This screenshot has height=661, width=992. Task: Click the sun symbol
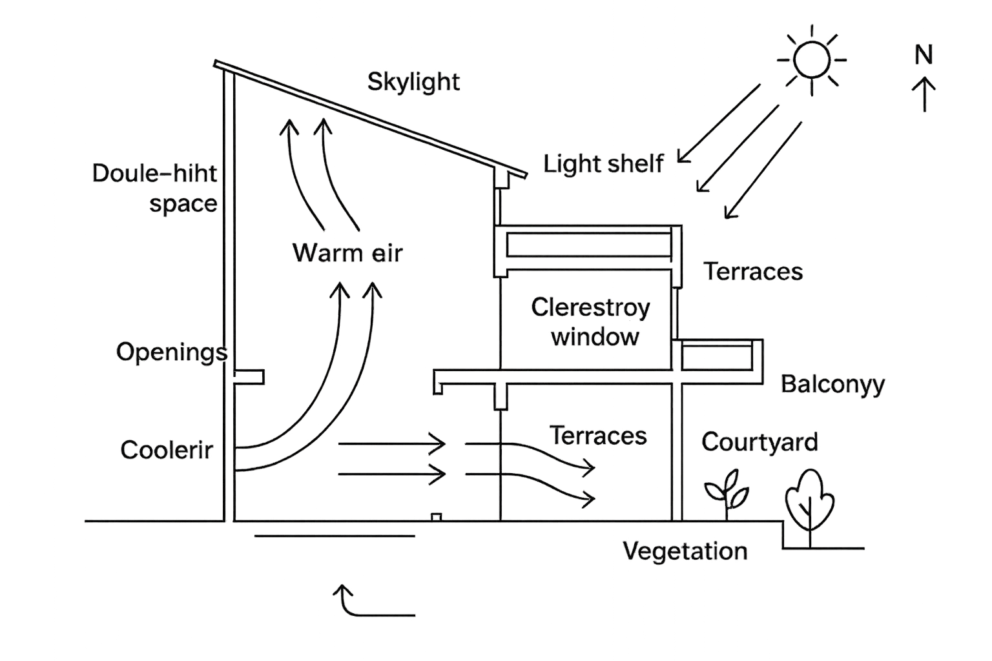tap(811, 59)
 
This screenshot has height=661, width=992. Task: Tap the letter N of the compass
tap(924, 55)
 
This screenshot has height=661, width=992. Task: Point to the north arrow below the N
tap(924, 94)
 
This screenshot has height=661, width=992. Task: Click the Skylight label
tap(413, 82)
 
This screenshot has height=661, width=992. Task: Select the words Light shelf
tap(603, 164)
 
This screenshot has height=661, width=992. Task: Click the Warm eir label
tap(347, 252)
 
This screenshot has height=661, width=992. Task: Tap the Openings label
tap(172, 352)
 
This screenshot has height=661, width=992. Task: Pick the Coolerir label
tap(167, 450)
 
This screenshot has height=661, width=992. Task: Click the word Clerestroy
tap(590, 307)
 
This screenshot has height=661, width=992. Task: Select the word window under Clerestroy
tap(595, 336)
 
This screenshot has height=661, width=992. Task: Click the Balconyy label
tap(832, 385)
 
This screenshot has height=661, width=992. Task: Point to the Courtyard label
tap(759, 442)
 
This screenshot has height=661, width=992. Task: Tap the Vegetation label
tap(685, 551)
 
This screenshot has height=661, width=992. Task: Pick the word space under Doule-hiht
tap(183, 203)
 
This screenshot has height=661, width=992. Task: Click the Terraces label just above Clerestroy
tap(753, 271)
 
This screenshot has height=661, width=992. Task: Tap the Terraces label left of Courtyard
tap(598, 436)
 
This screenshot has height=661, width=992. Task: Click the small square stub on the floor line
tap(437, 517)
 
